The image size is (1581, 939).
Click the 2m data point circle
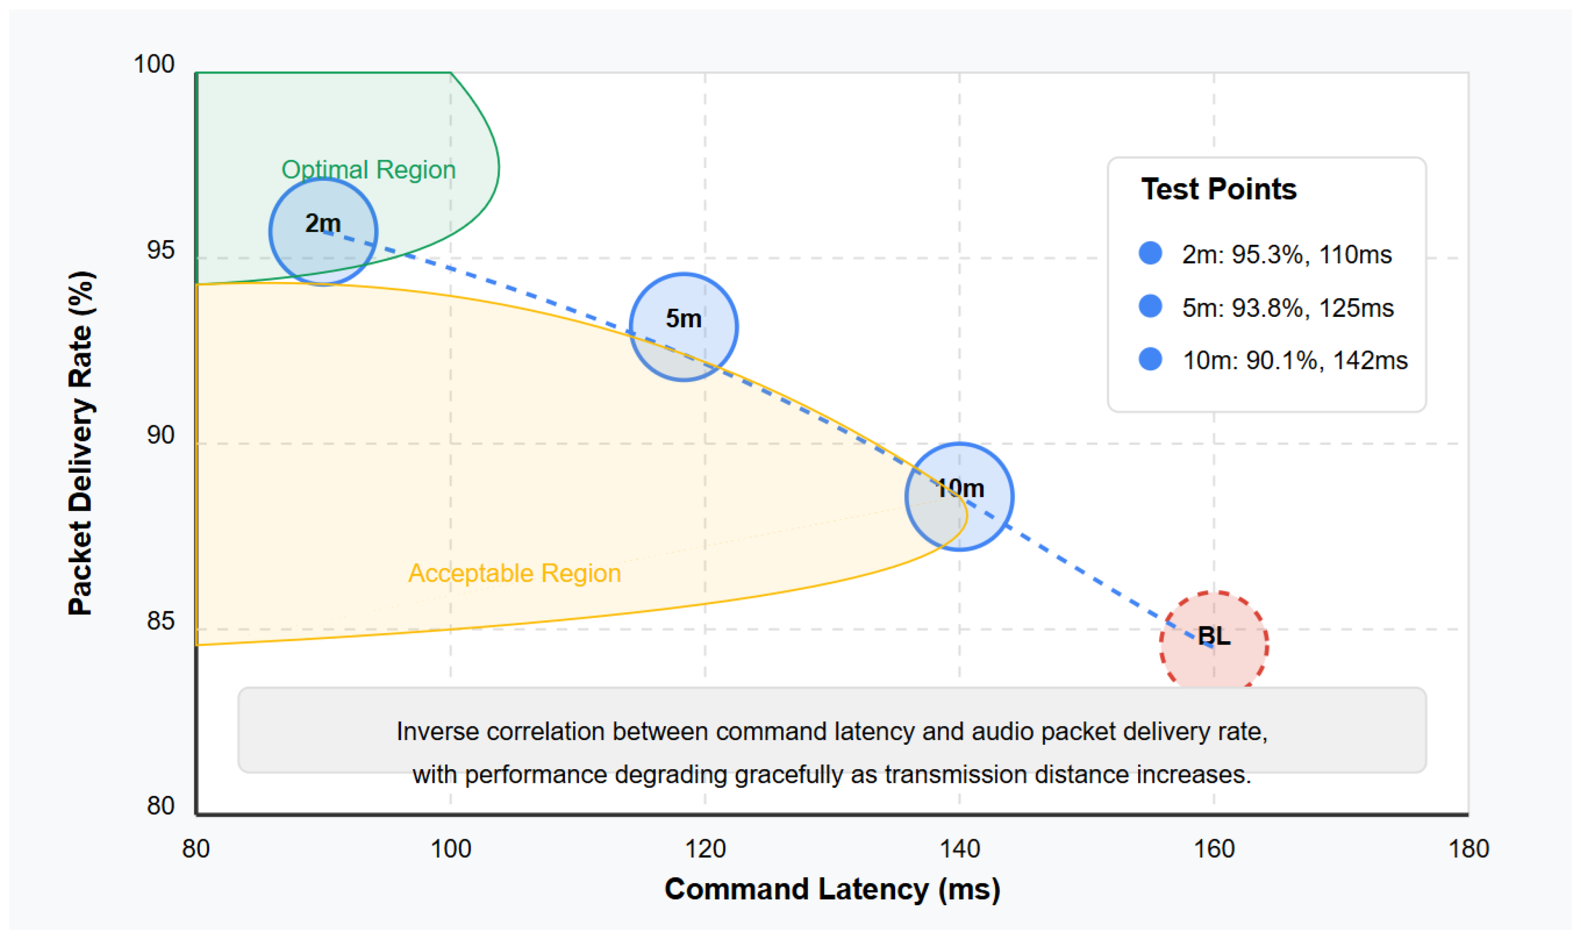pyautogui.click(x=323, y=231)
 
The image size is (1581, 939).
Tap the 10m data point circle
pyautogui.click(x=959, y=497)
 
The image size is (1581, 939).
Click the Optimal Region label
pyautogui.click(x=368, y=169)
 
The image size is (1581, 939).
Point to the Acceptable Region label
pyautogui.click(x=514, y=573)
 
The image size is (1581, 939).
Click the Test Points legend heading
pyautogui.click(x=1218, y=189)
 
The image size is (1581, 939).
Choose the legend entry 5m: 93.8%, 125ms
pyautogui.click(x=1288, y=308)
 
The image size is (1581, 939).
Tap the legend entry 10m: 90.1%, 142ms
pyautogui.click(x=1294, y=361)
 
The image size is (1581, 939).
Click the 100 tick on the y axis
pyautogui.click(x=154, y=64)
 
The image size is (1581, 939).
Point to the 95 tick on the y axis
pyautogui.click(x=160, y=250)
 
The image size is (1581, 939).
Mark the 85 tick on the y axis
pyautogui.click(x=160, y=621)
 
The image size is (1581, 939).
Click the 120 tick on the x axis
pyautogui.click(x=705, y=848)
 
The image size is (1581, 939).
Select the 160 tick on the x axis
pyautogui.click(x=1214, y=848)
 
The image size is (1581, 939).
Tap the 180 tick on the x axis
pyautogui.click(x=1468, y=848)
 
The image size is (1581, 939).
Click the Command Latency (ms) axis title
pyautogui.click(x=832, y=889)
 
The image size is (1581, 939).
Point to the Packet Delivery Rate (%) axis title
pyautogui.click(x=81, y=443)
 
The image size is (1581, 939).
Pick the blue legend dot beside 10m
pyautogui.click(x=1150, y=359)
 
